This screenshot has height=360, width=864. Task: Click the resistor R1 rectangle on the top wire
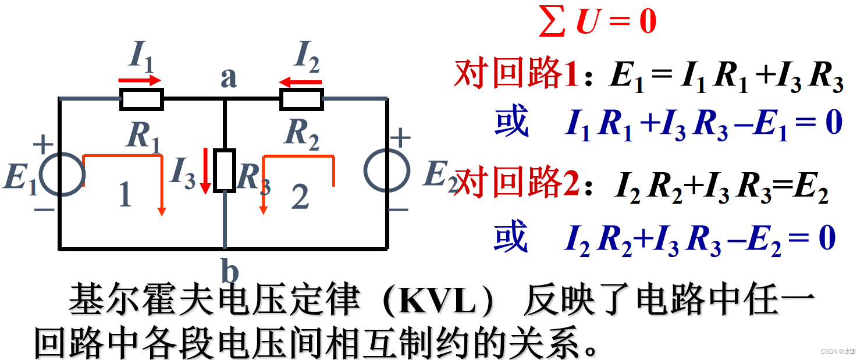tap(141, 99)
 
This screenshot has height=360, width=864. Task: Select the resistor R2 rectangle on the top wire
tap(301, 99)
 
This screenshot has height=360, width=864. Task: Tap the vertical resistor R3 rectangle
tap(224, 170)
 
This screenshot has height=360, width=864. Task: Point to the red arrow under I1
tap(140, 81)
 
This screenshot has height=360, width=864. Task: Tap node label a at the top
tap(228, 77)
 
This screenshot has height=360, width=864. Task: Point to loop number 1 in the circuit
tap(125, 195)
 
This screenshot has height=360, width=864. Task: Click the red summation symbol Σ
tap(552, 22)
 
